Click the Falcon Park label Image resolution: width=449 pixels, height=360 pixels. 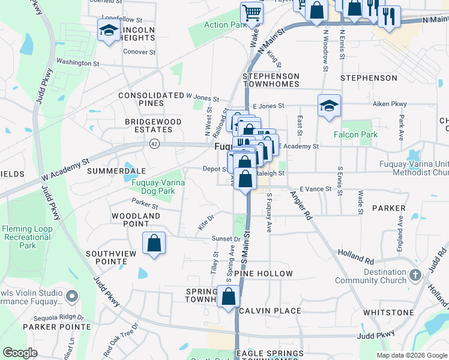click(x=360, y=134)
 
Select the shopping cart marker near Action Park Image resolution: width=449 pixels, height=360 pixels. click(x=252, y=13)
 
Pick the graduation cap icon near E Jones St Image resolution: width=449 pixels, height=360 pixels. click(x=330, y=106)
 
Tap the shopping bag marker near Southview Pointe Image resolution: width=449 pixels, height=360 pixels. click(x=154, y=244)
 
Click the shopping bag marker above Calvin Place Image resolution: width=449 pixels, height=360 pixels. click(x=229, y=296)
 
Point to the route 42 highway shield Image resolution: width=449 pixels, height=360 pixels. click(x=155, y=144)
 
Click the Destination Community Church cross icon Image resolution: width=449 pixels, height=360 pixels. click(x=415, y=276)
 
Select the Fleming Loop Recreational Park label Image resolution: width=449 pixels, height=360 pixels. click(x=28, y=237)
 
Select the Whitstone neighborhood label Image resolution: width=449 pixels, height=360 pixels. click(x=388, y=313)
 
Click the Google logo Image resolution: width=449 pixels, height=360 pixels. click(x=20, y=353)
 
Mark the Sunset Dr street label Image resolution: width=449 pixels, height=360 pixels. click(x=226, y=238)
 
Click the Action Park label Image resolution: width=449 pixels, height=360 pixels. click(x=226, y=25)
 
